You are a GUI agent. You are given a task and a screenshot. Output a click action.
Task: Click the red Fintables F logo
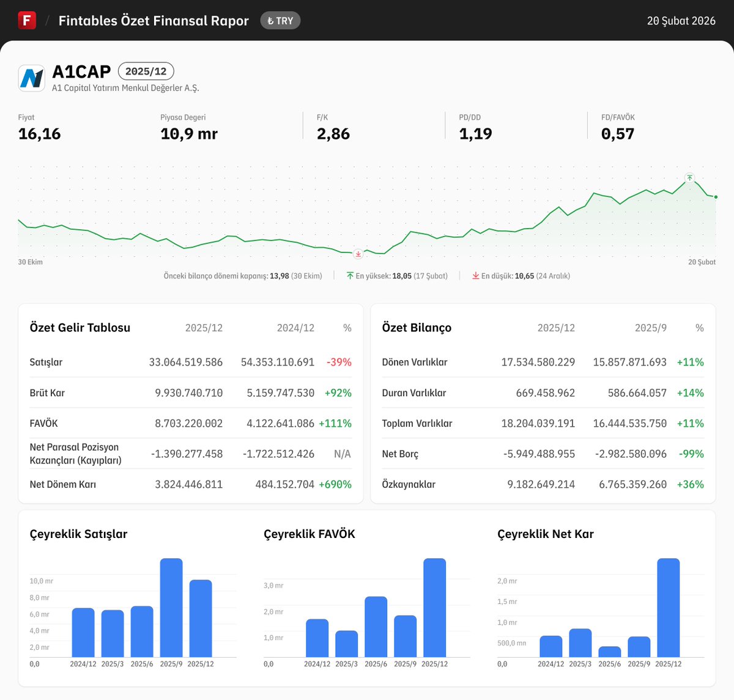point(27,20)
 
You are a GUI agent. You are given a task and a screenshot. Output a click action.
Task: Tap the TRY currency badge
point(280,21)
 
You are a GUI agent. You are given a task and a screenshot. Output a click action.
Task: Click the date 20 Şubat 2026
point(681,21)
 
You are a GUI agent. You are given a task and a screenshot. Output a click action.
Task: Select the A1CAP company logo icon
point(32,78)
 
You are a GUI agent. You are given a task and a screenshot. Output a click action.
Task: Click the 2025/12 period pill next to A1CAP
point(146,71)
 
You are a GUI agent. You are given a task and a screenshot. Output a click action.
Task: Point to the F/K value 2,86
point(333,134)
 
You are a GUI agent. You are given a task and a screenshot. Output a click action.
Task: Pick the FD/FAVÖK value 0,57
point(618,134)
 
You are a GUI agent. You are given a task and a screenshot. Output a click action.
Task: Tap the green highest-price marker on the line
point(689,178)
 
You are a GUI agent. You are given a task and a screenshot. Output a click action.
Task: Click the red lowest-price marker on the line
point(358,254)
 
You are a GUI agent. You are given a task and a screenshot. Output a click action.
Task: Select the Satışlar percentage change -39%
point(339,362)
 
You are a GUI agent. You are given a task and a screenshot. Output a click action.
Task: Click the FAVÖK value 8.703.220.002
point(188,423)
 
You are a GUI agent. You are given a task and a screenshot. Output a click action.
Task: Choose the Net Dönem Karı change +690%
point(335,484)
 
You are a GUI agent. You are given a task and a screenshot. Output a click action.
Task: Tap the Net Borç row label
point(400,454)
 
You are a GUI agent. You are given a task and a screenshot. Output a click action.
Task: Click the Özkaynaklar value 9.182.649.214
point(541,484)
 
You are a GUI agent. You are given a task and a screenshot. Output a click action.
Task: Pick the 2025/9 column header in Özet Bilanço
point(650,328)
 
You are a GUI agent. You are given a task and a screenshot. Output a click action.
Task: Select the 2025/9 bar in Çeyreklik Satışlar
point(171,608)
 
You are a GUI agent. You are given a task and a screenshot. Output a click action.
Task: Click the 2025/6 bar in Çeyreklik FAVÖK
point(376,627)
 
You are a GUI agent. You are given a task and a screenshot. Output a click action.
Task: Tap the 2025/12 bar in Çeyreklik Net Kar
point(668,608)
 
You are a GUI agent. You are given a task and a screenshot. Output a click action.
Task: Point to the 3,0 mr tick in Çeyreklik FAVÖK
point(273,586)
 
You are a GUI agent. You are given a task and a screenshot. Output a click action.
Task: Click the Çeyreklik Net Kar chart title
point(545,534)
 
